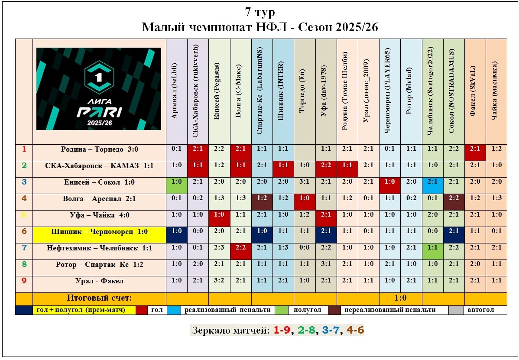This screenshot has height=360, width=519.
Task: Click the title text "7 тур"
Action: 259,12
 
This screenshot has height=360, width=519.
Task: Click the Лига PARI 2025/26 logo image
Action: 99,89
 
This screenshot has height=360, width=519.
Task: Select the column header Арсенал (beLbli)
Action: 177,92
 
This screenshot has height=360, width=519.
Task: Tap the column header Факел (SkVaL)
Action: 475,92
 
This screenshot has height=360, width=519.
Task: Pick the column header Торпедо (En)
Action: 304,92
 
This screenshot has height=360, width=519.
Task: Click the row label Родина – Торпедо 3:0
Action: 99,149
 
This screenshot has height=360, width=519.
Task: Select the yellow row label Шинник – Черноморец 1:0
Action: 99,232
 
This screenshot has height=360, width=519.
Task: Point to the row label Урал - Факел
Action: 99,281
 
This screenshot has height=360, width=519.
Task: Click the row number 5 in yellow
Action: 24,215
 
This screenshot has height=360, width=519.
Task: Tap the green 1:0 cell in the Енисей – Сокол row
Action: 177,182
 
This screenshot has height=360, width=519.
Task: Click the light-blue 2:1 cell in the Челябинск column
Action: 432,182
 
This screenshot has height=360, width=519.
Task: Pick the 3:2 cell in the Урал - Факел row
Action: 219,281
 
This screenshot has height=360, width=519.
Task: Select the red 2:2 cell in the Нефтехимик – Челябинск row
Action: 240,248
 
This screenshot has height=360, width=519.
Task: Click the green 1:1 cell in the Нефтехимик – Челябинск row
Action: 432,248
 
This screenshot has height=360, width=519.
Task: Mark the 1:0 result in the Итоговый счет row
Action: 400,298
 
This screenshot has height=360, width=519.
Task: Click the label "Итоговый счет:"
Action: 99,298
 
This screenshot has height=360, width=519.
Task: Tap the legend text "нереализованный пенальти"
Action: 389,310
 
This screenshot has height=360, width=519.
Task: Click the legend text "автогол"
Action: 485,310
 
